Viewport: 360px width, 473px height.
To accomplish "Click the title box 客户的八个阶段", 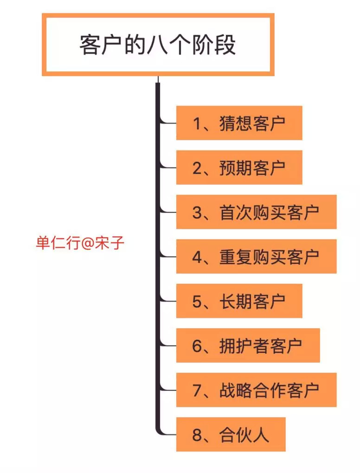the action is coord(158,45).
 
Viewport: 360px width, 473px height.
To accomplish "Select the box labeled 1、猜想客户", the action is coord(239,123).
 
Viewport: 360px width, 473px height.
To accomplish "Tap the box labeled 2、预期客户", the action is coord(239,167).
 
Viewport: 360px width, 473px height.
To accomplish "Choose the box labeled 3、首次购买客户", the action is coord(256,212).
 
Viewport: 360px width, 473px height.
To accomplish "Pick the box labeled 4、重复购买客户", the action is coord(256,256).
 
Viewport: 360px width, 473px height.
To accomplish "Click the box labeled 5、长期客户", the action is coord(239,301).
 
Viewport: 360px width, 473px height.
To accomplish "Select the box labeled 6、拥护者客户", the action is coord(248,345).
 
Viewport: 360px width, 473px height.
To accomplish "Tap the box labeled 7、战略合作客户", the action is coord(256,390).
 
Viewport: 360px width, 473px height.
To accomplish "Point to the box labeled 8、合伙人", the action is coord(231,435).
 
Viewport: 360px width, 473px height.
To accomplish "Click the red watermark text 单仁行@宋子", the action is coord(80,243).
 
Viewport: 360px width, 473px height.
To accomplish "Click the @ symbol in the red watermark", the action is coord(87,243).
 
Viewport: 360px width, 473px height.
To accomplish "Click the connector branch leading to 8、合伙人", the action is coord(167,434).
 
